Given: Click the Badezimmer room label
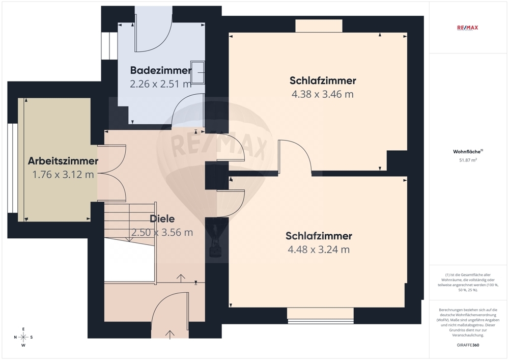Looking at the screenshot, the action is pyautogui.click(x=161, y=70).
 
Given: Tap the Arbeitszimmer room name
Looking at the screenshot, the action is pyautogui.click(x=63, y=161).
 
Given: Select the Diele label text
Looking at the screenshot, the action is pyautogui.click(x=162, y=219).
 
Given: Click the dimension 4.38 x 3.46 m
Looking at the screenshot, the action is pyautogui.click(x=322, y=94).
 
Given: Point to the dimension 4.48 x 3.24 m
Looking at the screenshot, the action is pyautogui.click(x=319, y=250).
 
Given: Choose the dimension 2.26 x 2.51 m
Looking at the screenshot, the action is pyautogui.click(x=161, y=84).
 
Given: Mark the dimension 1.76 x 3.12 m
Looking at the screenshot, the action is pyautogui.click(x=63, y=175).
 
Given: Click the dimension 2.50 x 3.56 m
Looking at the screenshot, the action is pyautogui.click(x=162, y=232).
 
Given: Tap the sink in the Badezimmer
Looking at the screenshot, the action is pyautogui.click(x=197, y=72).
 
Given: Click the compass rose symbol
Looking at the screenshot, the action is pyautogui.click(x=23, y=337).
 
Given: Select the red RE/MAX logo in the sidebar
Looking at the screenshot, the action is pyautogui.click(x=467, y=27).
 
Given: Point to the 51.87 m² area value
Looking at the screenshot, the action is pyautogui.click(x=468, y=160).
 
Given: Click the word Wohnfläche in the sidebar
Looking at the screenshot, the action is pyautogui.click(x=467, y=152).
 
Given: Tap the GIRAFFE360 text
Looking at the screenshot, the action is pyautogui.click(x=468, y=345).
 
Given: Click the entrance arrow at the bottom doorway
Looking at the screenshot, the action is pyautogui.click(x=170, y=335).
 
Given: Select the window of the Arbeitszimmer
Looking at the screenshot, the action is pyautogui.click(x=13, y=168).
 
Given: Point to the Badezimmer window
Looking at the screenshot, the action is pyautogui.click(x=109, y=46).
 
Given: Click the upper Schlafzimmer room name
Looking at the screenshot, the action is pyautogui.click(x=323, y=80).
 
